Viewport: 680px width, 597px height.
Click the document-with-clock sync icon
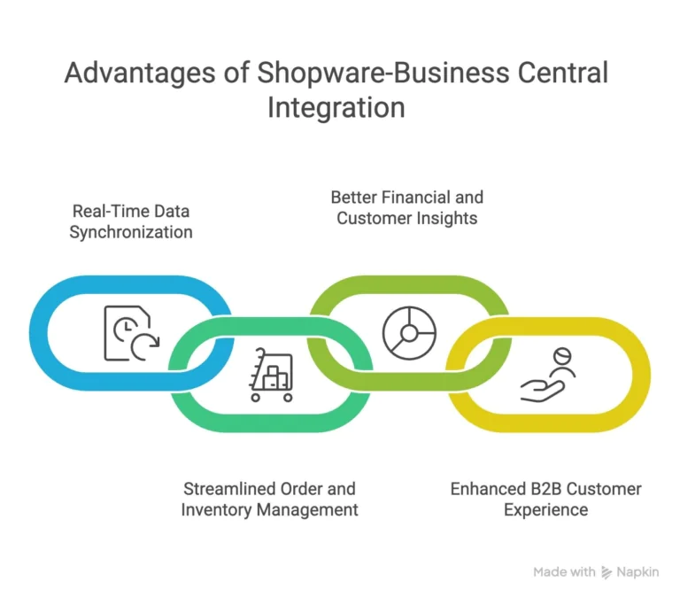pos(130,332)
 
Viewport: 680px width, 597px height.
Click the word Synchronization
pos(131,233)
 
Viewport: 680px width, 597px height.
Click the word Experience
pos(545,509)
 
